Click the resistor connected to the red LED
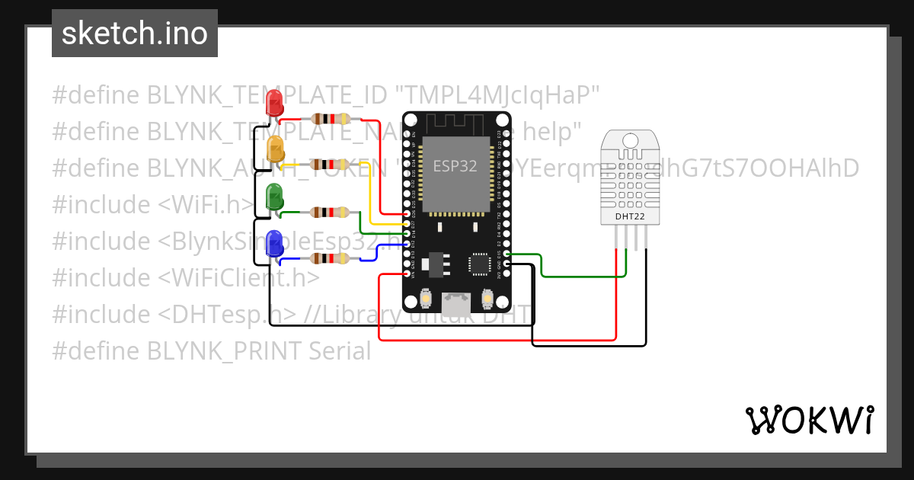point(329,119)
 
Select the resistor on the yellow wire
point(329,164)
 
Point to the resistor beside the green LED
point(329,213)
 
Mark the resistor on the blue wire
point(329,259)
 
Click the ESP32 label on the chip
point(455,166)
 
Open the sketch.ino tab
point(135,34)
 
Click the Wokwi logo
point(809,420)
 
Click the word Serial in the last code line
point(340,350)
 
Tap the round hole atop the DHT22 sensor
point(630,140)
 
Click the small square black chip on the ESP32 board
point(480,263)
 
